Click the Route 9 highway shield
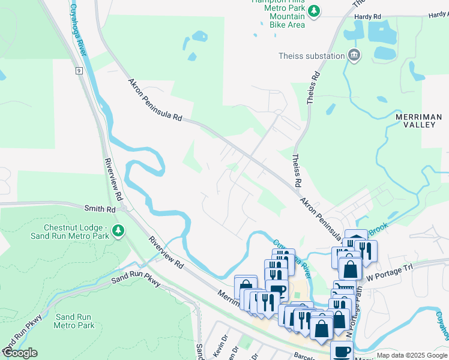tap(79, 71)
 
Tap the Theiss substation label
tap(312, 56)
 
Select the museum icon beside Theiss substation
tap(354, 56)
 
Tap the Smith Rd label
tap(99, 209)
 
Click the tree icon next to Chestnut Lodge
tap(119, 231)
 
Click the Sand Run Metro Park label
tap(74, 321)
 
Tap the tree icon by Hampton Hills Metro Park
tap(314, 11)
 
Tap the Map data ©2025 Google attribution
tap(412, 355)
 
